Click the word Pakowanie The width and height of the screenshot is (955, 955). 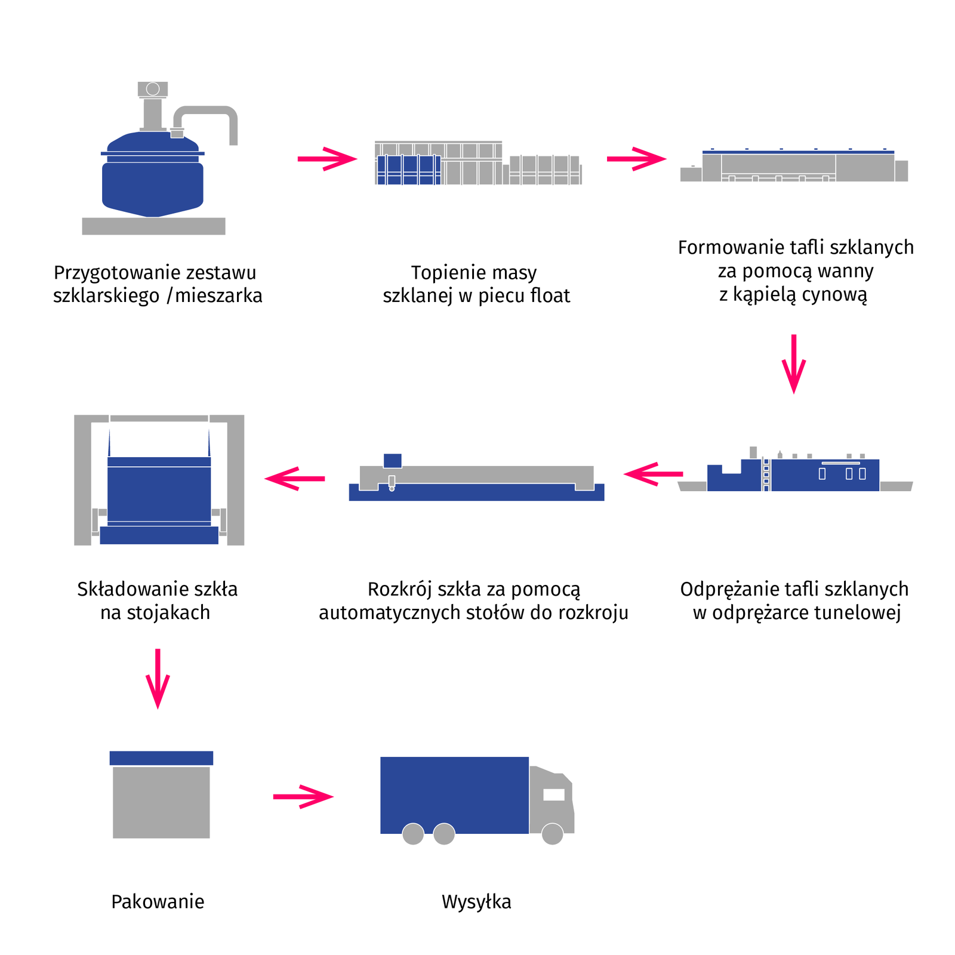click(x=158, y=901)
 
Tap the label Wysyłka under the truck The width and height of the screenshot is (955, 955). click(x=476, y=901)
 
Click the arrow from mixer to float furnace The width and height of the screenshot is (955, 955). click(x=326, y=159)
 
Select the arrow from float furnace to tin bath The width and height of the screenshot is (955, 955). click(x=636, y=159)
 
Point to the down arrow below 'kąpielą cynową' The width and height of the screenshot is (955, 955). click(x=794, y=363)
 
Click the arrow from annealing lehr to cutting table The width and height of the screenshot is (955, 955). click(x=653, y=474)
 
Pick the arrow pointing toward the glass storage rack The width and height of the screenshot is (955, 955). click(x=295, y=478)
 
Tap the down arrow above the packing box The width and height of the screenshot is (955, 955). click(x=158, y=678)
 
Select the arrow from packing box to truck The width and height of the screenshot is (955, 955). click(x=303, y=796)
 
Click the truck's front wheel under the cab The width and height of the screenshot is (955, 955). click(x=552, y=834)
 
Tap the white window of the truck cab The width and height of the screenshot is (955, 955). click(x=554, y=794)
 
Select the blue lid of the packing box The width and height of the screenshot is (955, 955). click(x=161, y=758)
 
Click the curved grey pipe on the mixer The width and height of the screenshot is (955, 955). click(x=209, y=111)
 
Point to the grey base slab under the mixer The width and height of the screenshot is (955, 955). click(x=153, y=226)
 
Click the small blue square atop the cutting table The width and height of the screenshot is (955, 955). click(x=392, y=460)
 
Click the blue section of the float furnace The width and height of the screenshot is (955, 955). click(x=409, y=170)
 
